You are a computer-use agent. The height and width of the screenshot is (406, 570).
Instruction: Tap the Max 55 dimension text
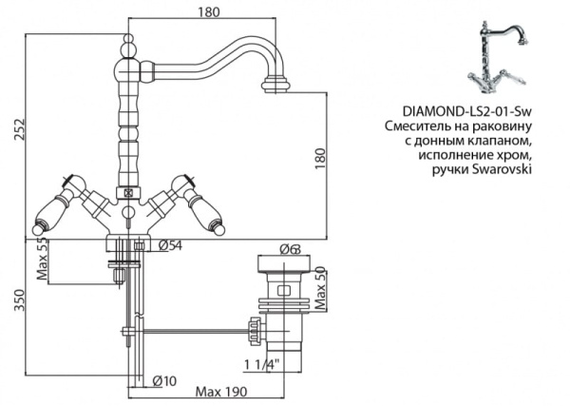[41, 258]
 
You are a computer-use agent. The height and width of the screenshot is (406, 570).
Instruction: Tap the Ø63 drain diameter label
[288, 249]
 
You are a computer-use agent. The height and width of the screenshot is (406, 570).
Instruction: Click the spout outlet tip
[274, 87]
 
